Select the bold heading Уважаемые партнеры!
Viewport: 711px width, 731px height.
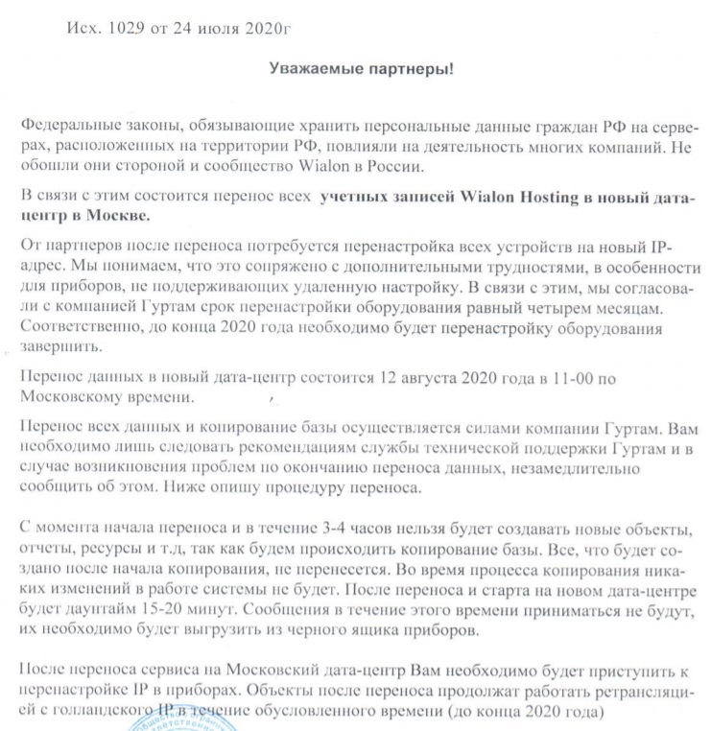click(360, 70)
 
